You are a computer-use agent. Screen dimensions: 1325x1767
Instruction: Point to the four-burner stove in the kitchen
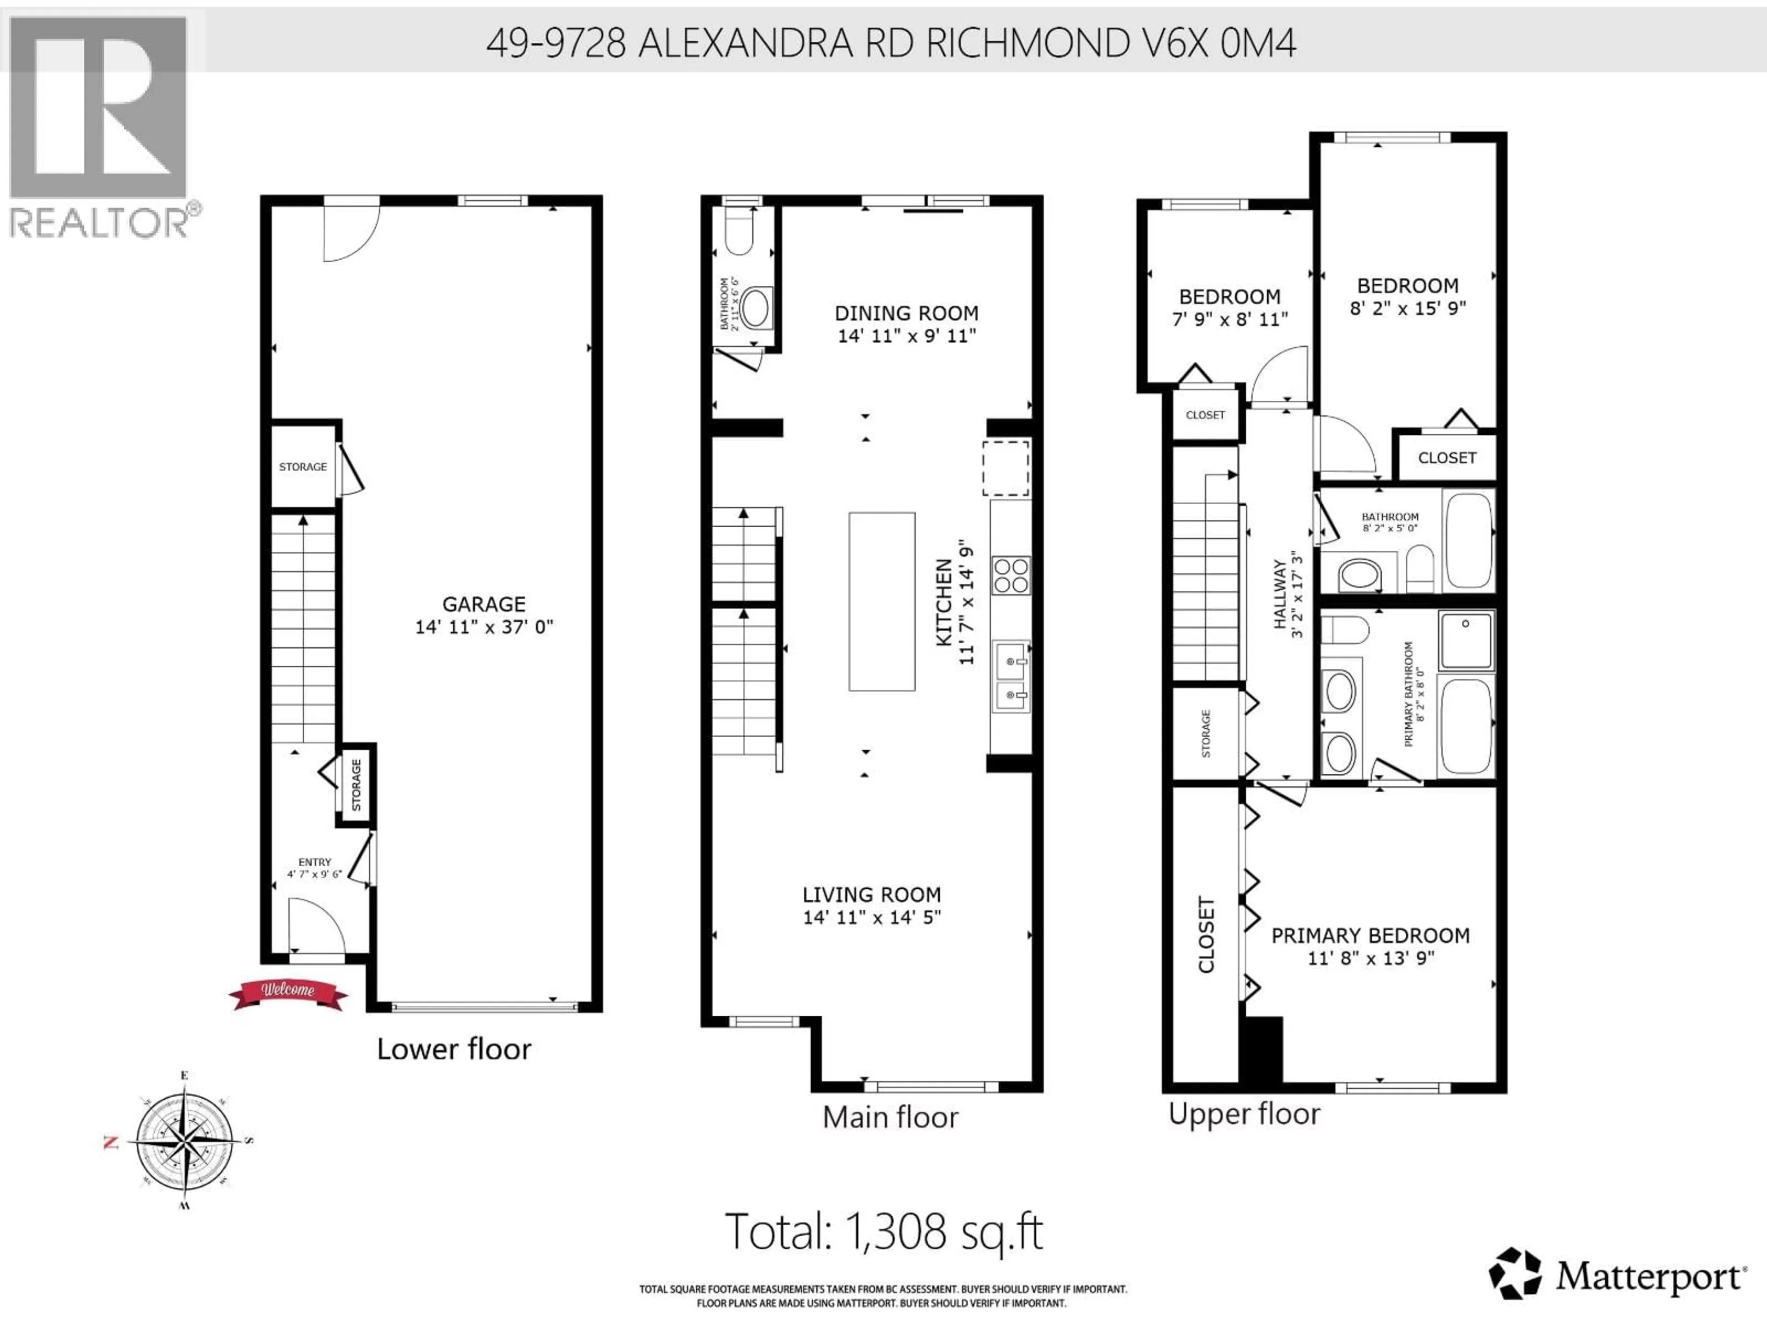pos(1011,575)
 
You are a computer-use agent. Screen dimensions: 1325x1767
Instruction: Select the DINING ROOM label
pos(906,313)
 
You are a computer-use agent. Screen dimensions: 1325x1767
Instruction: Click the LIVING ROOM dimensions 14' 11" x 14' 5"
pos(872,917)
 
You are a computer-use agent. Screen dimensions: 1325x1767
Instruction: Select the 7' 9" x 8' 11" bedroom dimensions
pos(1230,319)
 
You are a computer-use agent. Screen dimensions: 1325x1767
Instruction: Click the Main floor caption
pos(890,1117)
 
